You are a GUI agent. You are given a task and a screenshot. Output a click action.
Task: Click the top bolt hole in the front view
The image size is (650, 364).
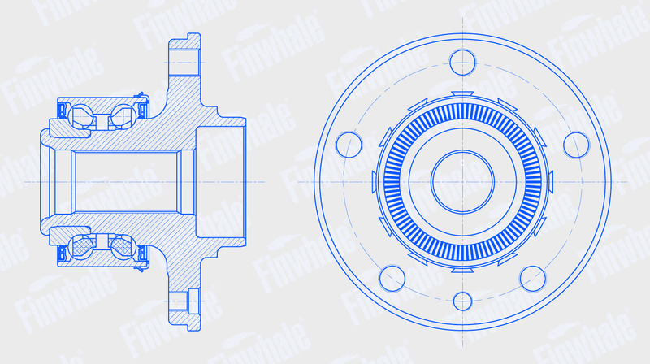(x=462, y=63)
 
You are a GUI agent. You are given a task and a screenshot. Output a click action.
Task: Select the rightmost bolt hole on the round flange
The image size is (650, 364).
(x=576, y=145)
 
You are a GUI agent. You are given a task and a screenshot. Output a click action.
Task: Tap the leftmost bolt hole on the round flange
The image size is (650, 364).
(x=349, y=145)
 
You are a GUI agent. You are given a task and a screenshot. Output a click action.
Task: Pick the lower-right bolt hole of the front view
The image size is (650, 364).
(x=533, y=279)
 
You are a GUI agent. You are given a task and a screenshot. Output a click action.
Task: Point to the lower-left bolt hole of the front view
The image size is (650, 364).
(x=392, y=279)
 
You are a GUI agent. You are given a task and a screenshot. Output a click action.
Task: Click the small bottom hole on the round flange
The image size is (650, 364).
(x=462, y=301)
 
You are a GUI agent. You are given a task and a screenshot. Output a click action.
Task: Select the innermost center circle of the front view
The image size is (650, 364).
(x=462, y=181)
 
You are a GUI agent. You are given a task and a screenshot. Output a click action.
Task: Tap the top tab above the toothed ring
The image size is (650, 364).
(x=462, y=93)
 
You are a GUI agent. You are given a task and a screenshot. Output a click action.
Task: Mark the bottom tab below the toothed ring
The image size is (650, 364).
(x=462, y=270)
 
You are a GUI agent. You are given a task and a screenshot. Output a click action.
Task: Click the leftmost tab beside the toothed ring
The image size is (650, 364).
(x=374, y=182)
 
